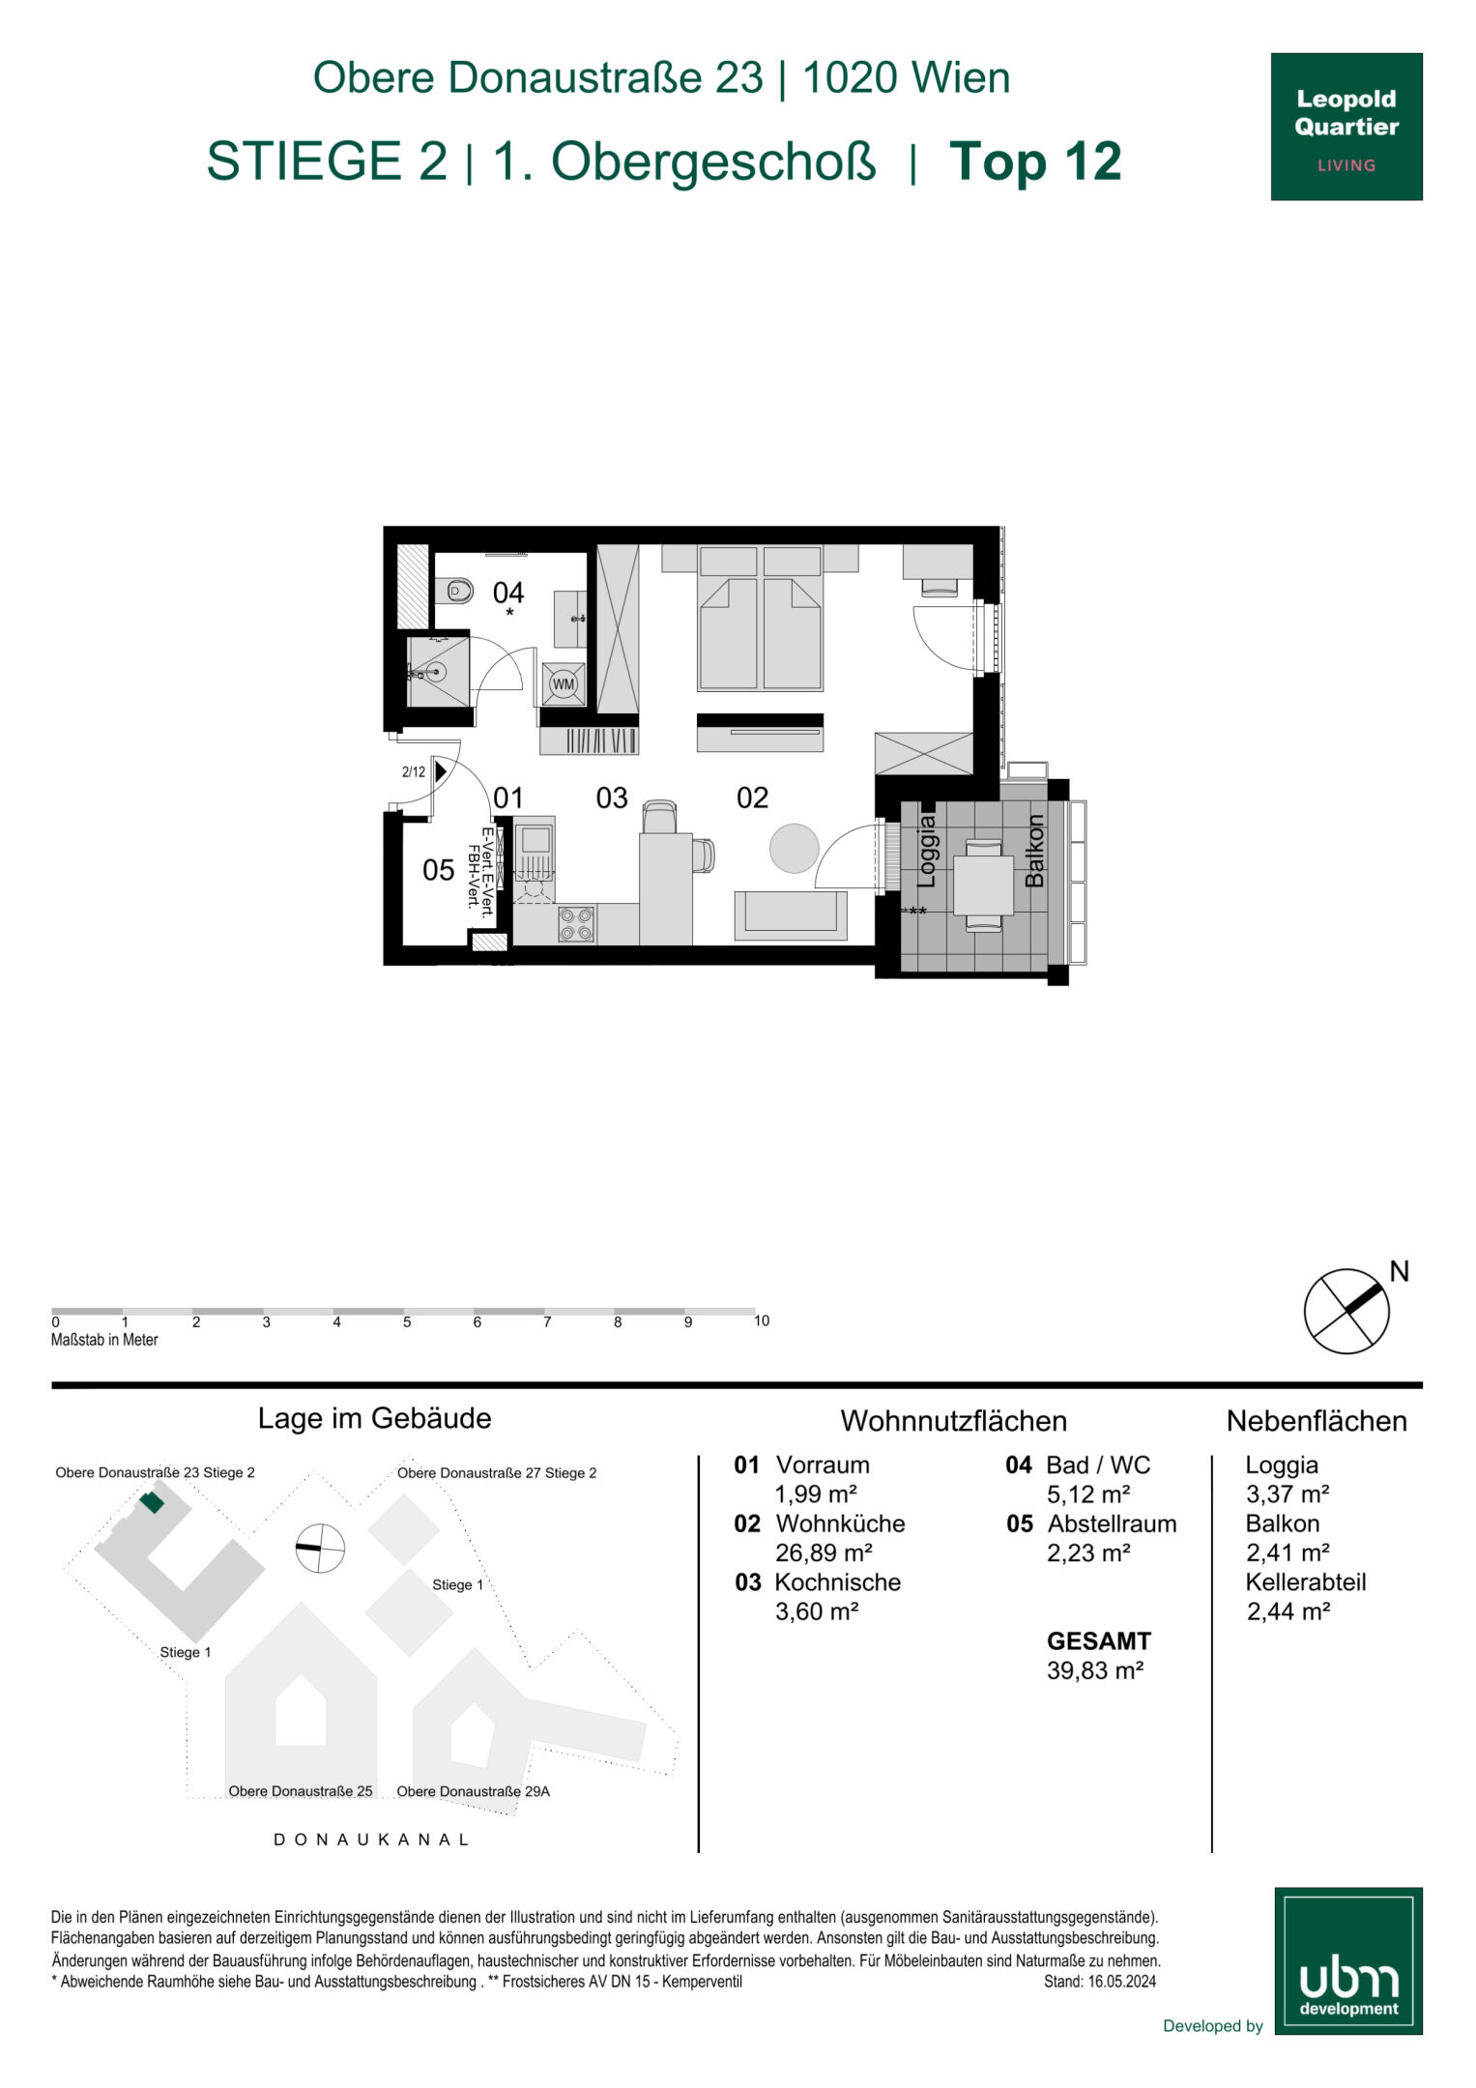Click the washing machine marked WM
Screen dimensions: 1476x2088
(x=564, y=683)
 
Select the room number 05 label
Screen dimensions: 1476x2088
(x=438, y=870)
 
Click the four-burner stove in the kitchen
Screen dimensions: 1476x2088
(x=576, y=924)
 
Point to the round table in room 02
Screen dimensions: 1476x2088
(x=795, y=848)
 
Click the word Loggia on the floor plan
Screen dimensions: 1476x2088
(x=927, y=851)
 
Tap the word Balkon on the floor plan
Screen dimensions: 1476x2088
(x=1034, y=851)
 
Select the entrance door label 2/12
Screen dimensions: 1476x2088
(x=414, y=771)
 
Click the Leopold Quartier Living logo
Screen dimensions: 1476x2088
(x=1346, y=127)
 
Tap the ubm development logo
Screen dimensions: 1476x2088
(x=1348, y=1961)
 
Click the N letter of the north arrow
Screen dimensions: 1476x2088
(x=1399, y=1271)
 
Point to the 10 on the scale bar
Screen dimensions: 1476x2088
(x=762, y=1320)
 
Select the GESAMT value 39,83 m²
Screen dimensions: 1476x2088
(x=1095, y=1670)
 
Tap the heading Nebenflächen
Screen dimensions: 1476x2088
(x=1317, y=1421)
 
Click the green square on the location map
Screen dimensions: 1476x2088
(x=152, y=1502)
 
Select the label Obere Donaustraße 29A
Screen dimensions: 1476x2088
(x=474, y=1791)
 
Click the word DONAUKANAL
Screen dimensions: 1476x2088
(x=372, y=1840)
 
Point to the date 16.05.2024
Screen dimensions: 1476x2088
(x=1121, y=1982)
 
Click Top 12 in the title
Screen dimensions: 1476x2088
(x=1035, y=161)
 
